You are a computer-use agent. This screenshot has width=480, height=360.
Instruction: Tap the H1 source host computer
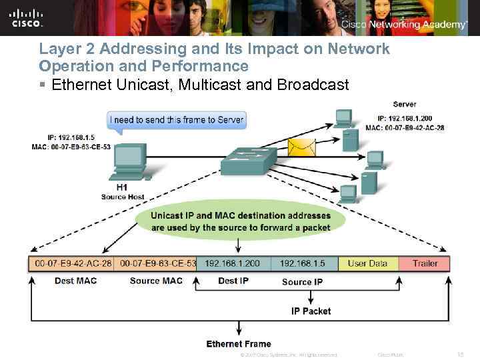pos(129,164)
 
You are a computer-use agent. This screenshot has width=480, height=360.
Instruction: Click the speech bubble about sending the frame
pos(177,121)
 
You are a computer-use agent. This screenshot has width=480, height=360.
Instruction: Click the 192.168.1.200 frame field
pos(233,263)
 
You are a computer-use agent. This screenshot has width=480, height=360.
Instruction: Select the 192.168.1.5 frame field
pos(303,263)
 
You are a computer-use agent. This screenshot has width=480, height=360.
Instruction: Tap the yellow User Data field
pos(367,263)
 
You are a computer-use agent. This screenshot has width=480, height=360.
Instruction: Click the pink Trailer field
pos(425,263)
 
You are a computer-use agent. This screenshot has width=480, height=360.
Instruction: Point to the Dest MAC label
pos(75,281)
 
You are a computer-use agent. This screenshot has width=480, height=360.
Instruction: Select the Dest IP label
pos(233,281)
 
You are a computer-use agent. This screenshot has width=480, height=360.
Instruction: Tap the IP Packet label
pos(311,311)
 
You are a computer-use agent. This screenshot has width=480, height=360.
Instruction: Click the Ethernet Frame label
pos(239,344)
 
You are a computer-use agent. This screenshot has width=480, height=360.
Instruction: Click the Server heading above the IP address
pos(405,104)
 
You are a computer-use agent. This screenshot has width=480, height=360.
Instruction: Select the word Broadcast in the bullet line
pos(315,85)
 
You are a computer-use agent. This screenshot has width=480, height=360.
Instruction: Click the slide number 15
pos(460,354)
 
